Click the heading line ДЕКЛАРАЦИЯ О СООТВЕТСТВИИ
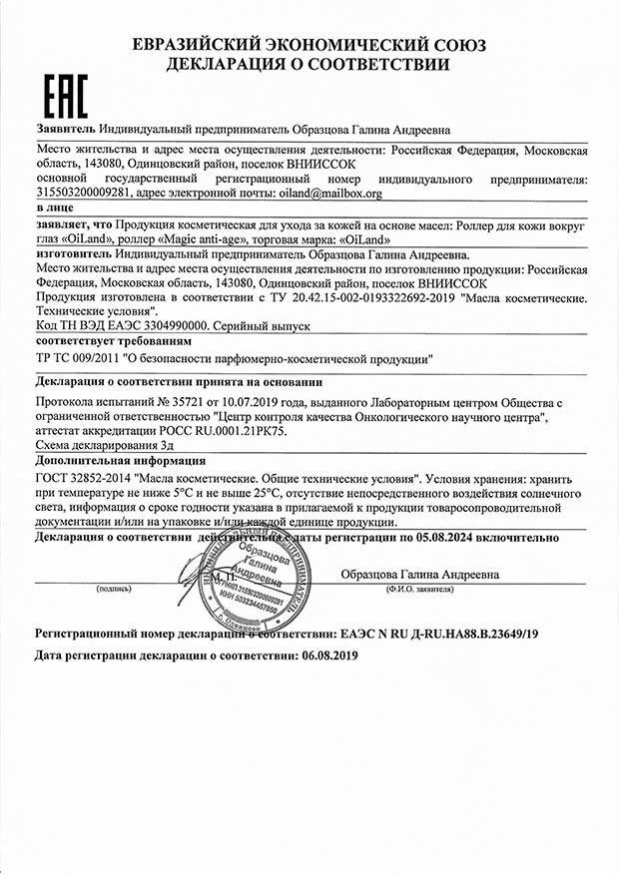(309, 64)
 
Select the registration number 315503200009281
(83, 193)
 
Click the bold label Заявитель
(65, 130)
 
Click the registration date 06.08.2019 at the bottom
(333, 656)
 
